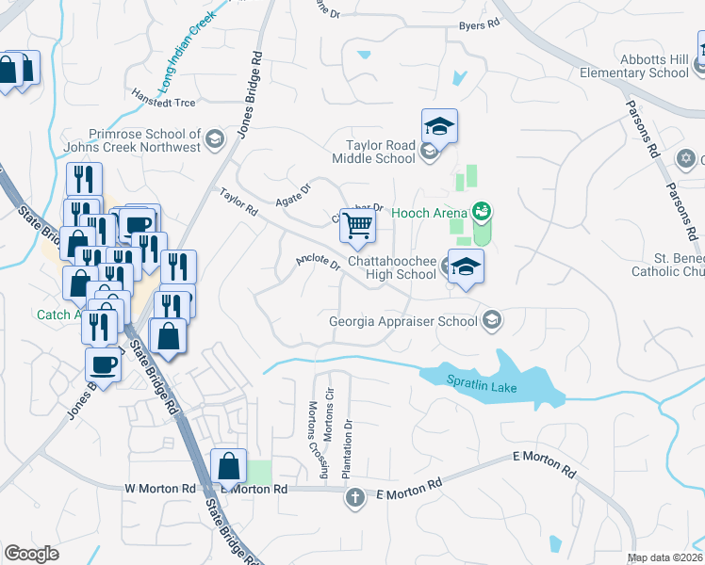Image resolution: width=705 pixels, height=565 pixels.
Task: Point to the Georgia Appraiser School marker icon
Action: click(x=490, y=321)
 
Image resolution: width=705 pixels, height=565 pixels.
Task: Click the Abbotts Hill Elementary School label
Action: click(x=634, y=65)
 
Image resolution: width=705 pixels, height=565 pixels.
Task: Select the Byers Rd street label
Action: click(x=478, y=25)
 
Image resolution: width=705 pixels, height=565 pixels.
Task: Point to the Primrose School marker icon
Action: click(x=215, y=140)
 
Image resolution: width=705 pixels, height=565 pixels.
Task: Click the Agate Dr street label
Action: click(x=291, y=195)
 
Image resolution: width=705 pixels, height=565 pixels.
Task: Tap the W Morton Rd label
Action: click(x=159, y=490)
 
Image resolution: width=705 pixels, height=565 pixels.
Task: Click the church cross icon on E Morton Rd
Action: click(x=355, y=497)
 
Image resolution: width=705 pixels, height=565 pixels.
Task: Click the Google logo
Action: click(x=31, y=554)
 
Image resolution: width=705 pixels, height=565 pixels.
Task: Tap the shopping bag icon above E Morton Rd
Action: click(x=230, y=464)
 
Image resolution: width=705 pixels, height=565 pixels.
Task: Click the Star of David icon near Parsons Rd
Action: click(x=686, y=158)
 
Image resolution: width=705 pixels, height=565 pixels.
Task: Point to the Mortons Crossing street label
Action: click(x=314, y=439)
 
